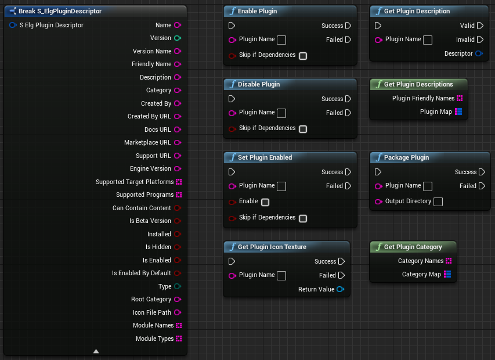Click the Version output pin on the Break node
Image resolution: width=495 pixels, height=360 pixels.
click(178, 38)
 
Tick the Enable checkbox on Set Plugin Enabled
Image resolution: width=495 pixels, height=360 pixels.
click(265, 202)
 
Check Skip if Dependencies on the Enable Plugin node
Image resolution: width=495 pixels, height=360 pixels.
click(302, 56)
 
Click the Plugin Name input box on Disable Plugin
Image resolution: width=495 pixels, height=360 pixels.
click(281, 113)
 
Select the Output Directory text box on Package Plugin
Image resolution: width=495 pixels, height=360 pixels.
click(438, 201)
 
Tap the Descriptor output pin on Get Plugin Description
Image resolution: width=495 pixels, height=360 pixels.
click(479, 54)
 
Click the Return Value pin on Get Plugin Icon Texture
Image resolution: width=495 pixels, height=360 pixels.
click(340, 289)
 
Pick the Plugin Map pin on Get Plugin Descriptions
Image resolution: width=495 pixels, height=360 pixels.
click(458, 111)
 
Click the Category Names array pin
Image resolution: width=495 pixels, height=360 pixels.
click(449, 261)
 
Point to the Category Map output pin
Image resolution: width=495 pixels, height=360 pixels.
click(447, 274)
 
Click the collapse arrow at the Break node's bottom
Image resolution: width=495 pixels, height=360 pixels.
click(96, 351)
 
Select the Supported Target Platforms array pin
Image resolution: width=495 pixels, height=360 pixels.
click(179, 182)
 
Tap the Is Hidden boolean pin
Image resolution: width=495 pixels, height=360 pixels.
click(178, 247)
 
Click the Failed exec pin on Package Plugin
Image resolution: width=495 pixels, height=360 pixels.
click(481, 186)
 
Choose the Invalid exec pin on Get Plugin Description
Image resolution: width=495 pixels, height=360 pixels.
click(479, 39)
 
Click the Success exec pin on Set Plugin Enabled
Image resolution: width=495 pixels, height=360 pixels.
click(348, 172)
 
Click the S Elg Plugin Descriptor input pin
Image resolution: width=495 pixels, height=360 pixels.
click(13, 26)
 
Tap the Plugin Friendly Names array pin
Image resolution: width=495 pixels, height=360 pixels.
click(460, 98)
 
